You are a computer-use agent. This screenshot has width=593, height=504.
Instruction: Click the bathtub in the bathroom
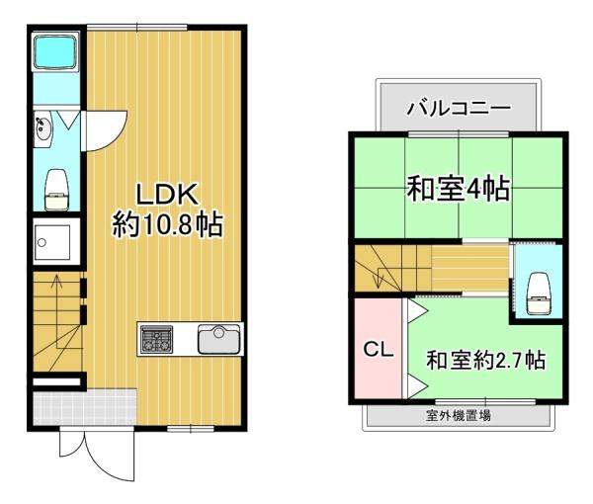[x=55, y=51]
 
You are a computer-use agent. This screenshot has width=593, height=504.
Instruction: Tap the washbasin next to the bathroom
[x=43, y=128]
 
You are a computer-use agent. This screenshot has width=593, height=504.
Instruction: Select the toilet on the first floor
[x=56, y=189]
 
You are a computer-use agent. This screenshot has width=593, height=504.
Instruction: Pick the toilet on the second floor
[x=539, y=294]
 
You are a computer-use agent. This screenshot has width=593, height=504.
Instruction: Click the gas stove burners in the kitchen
[x=156, y=340]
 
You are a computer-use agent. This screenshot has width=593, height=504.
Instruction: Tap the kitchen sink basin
[x=219, y=339]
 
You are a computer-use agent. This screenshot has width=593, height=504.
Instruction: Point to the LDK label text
[x=167, y=194]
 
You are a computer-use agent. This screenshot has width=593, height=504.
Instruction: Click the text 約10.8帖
[x=167, y=224]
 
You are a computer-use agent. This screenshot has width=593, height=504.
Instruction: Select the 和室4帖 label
[x=458, y=188]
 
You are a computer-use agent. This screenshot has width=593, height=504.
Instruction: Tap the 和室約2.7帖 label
[x=485, y=361]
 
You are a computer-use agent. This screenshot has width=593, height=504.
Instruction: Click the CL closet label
[x=379, y=350]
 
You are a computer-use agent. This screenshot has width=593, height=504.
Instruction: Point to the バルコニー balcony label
[x=459, y=108]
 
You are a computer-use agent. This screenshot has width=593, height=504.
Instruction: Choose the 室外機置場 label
[x=458, y=416]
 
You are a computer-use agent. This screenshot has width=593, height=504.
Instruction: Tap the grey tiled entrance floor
[x=85, y=407]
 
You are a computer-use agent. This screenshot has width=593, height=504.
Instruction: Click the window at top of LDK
[x=137, y=28]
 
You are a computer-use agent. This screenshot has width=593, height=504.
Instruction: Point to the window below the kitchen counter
[x=191, y=428]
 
